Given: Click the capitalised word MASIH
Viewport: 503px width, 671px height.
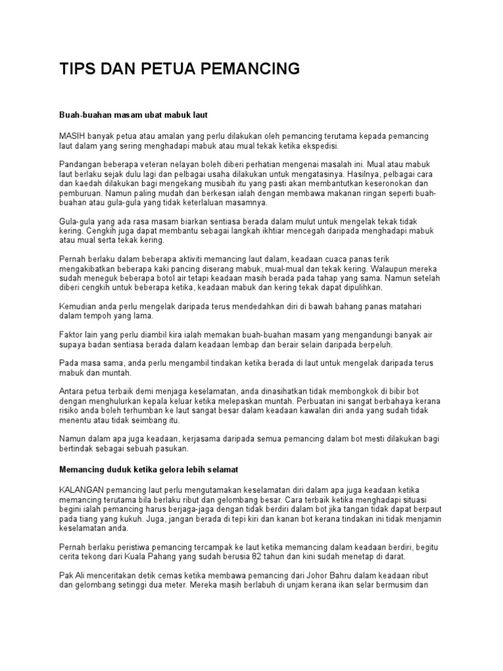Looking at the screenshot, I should [x=72, y=136].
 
